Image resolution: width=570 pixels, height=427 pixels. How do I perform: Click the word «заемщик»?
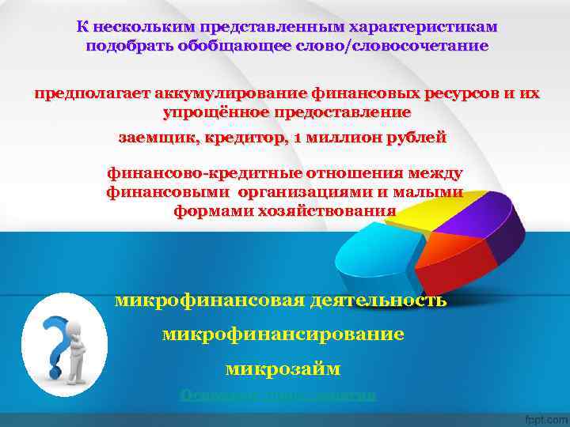pyautogui.click(x=154, y=138)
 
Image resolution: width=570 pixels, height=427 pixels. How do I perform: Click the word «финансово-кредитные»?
pyautogui.click(x=197, y=173)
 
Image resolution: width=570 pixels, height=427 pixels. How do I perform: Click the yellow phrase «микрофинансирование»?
pyautogui.click(x=283, y=334)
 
